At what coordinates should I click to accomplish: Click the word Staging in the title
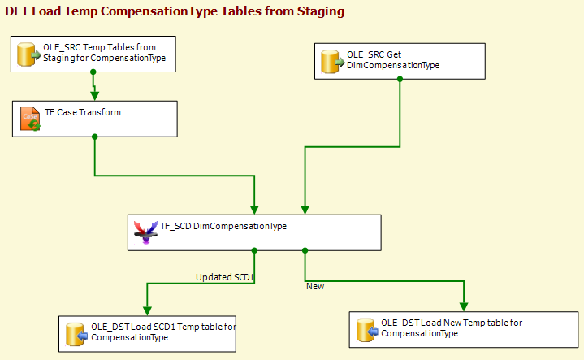coord(321,11)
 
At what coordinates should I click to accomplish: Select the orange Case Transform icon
coord(30,119)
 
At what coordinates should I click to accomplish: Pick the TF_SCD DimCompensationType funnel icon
coord(145,232)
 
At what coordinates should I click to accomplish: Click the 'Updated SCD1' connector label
coord(225,277)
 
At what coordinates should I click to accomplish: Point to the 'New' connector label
coord(315,286)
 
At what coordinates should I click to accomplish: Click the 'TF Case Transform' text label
coord(83,112)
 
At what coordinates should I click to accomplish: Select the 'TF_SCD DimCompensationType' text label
coord(223,226)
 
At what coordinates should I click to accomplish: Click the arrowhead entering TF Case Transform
coord(94,96)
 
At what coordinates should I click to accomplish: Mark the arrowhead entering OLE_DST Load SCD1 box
coord(147,310)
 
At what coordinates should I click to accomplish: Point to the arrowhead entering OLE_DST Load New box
coord(464,306)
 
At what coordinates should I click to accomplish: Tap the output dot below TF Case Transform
coord(94,137)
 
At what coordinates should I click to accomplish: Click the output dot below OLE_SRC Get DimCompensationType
coord(400,79)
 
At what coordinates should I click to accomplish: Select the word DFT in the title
coord(17,11)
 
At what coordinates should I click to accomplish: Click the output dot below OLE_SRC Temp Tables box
coord(93,72)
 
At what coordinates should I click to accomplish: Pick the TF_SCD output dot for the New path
coord(305,251)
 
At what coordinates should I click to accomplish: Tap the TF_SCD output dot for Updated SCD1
coord(254,251)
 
